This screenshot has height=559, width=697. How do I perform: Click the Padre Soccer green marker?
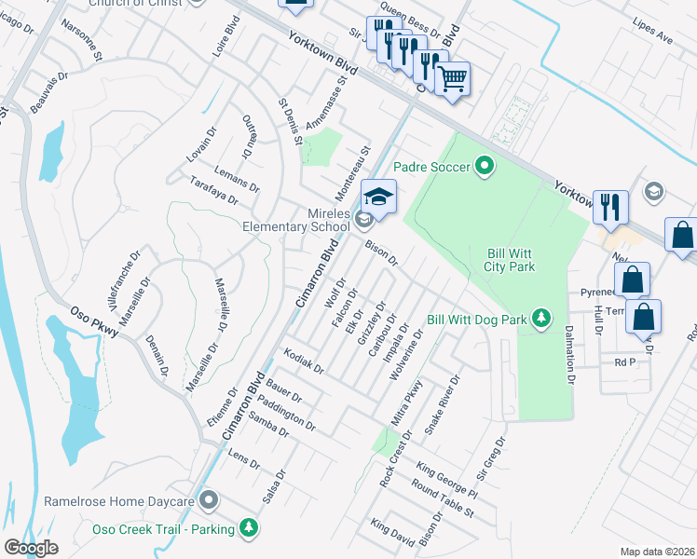(484, 167)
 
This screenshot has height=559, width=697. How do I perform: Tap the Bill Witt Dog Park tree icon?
(541, 320)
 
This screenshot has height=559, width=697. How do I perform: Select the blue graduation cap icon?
(378, 197)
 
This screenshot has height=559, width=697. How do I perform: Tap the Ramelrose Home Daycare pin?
(208, 501)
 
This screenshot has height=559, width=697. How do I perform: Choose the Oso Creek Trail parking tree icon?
(248, 528)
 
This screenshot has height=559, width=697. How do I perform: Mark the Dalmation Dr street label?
(567, 353)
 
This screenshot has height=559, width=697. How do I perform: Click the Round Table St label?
(443, 500)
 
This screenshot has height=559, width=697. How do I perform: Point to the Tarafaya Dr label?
(213, 190)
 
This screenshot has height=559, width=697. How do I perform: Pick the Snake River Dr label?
(443, 404)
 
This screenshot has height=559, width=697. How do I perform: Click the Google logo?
(31, 548)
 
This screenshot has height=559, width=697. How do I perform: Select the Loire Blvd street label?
(220, 40)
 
